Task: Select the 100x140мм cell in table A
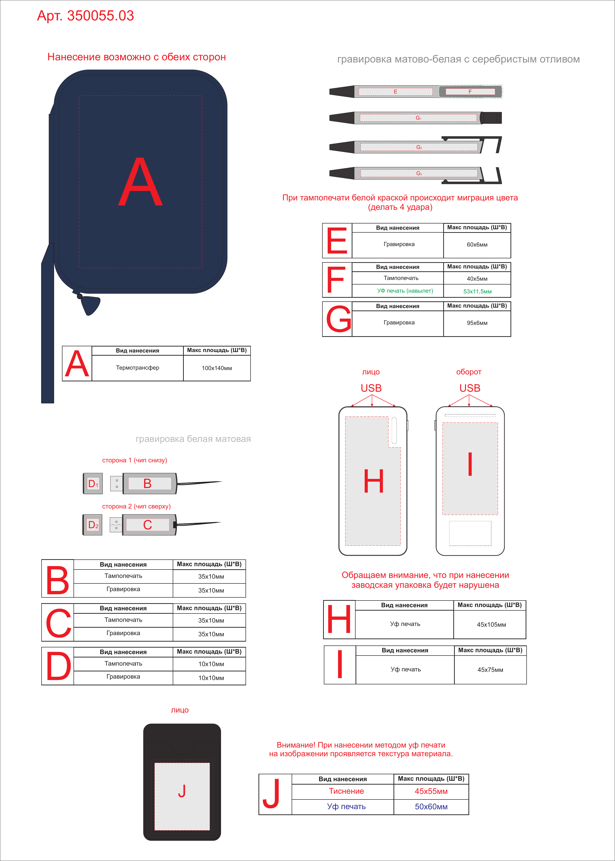pyautogui.click(x=217, y=368)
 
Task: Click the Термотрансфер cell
pyautogui.click(x=137, y=368)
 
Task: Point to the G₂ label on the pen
pyautogui.click(x=419, y=147)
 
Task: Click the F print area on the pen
pyautogui.click(x=470, y=92)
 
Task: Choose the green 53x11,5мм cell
pyautogui.click(x=477, y=291)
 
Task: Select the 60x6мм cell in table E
pyautogui.click(x=477, y=245)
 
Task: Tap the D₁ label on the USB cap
pyautogui.click(x=93, y=484)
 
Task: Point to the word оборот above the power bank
pyautogui.click(x=469, y=372)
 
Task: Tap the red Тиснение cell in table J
pyautogui.click(x=346, y=791)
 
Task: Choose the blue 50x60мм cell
pyautogui.click(x=431, y=806)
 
